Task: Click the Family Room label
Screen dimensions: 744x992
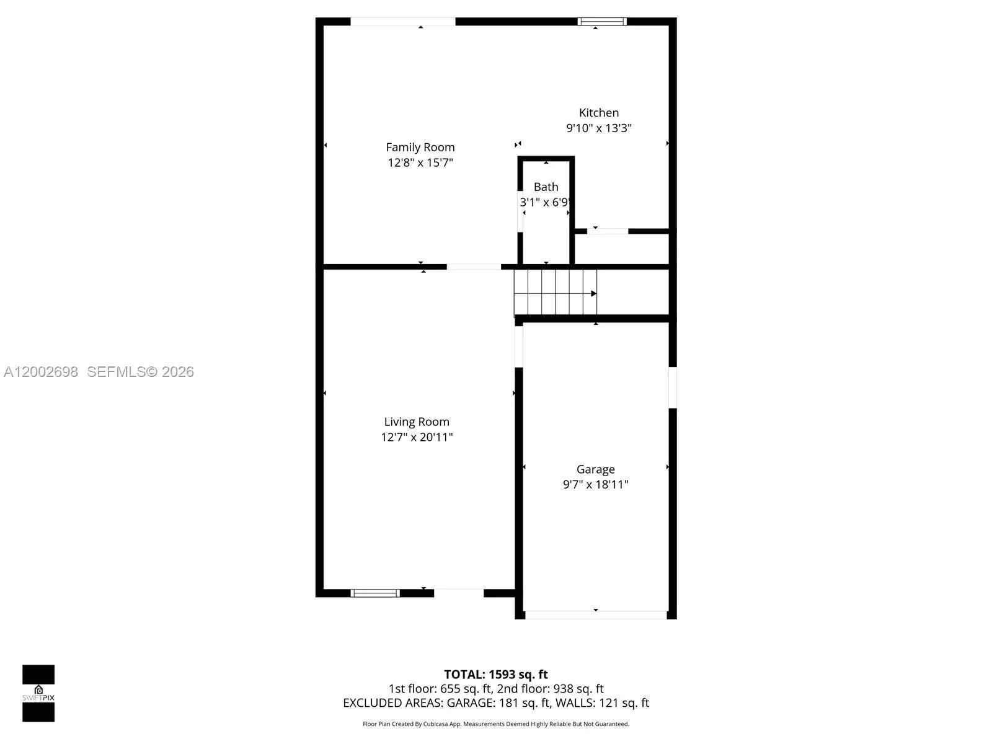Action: (x=420, y=147)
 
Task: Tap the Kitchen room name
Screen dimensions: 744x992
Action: (x=598, y=112)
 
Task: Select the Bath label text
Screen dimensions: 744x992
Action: (x=546, y=187)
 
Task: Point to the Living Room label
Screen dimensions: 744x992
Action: (x=417, y=422)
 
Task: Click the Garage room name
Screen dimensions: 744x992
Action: (x=595, y=469)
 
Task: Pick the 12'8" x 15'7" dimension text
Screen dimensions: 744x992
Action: (x=420, y=162)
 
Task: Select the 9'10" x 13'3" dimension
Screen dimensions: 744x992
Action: (x=598, y=128)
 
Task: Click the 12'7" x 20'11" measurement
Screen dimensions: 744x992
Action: (x=417, y=437)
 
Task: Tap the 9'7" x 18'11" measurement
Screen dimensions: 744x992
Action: (x=595, y=484)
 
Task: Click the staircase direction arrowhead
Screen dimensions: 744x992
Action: (x=593, y=293)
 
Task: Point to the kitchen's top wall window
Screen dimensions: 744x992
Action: (x=602, y=22)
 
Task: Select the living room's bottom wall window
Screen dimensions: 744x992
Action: (x=375, y=593)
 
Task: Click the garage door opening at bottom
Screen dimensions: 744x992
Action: (x=595, y=615)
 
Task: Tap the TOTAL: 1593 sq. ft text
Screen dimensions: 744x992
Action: (x=496, y=674)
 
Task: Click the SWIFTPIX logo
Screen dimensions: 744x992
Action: (x=38, y=693)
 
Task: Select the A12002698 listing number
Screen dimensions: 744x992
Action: (x=41, y=371)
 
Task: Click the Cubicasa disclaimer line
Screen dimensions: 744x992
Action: (x=496, y=724)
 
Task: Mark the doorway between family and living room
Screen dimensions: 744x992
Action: (x=474, y=267)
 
